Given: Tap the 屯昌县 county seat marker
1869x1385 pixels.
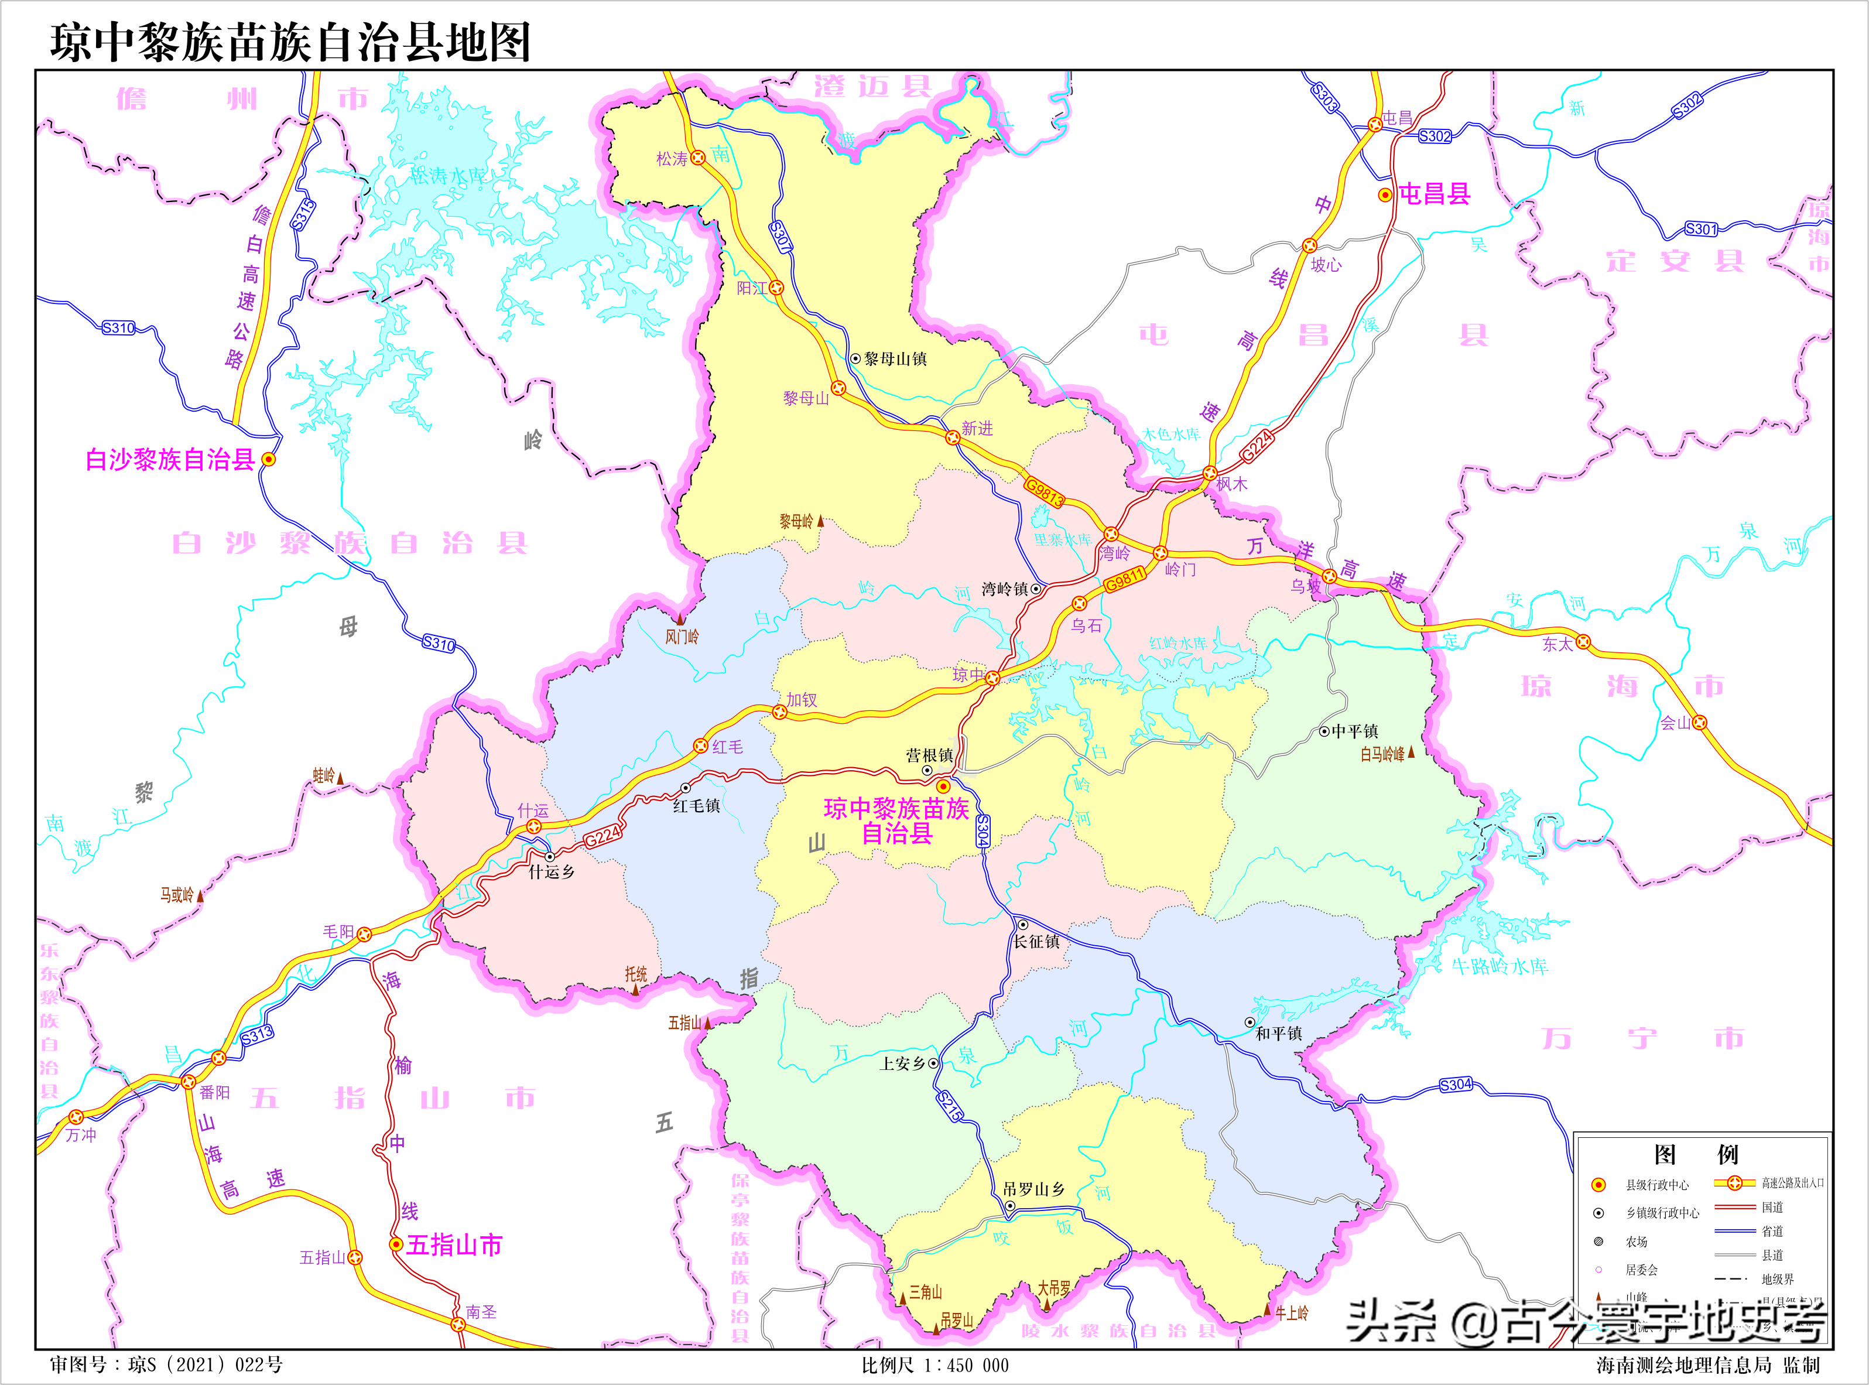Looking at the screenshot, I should [1385, 196].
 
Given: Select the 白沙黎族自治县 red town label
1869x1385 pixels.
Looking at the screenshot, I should [170, 460].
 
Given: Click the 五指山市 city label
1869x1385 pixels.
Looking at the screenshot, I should [454, 1245].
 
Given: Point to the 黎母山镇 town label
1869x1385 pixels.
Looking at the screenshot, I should [895, 359].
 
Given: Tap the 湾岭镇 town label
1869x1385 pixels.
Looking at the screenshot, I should [1004, 589].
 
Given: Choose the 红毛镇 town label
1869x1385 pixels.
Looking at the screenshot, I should [696, 806].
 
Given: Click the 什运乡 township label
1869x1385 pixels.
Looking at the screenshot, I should [552, 872].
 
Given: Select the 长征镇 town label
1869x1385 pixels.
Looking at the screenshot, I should [1037, 942].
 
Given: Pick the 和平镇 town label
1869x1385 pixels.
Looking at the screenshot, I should [1279, 1034].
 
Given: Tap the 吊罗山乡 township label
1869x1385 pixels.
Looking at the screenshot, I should [1033, 1189].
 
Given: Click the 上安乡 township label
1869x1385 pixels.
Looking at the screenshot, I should [902, 1063].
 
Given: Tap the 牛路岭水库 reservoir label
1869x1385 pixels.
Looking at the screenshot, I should [1500, 966].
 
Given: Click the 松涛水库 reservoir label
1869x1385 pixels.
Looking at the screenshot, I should [449, 175].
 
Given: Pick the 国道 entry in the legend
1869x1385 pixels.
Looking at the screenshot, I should [1772, 1208].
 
